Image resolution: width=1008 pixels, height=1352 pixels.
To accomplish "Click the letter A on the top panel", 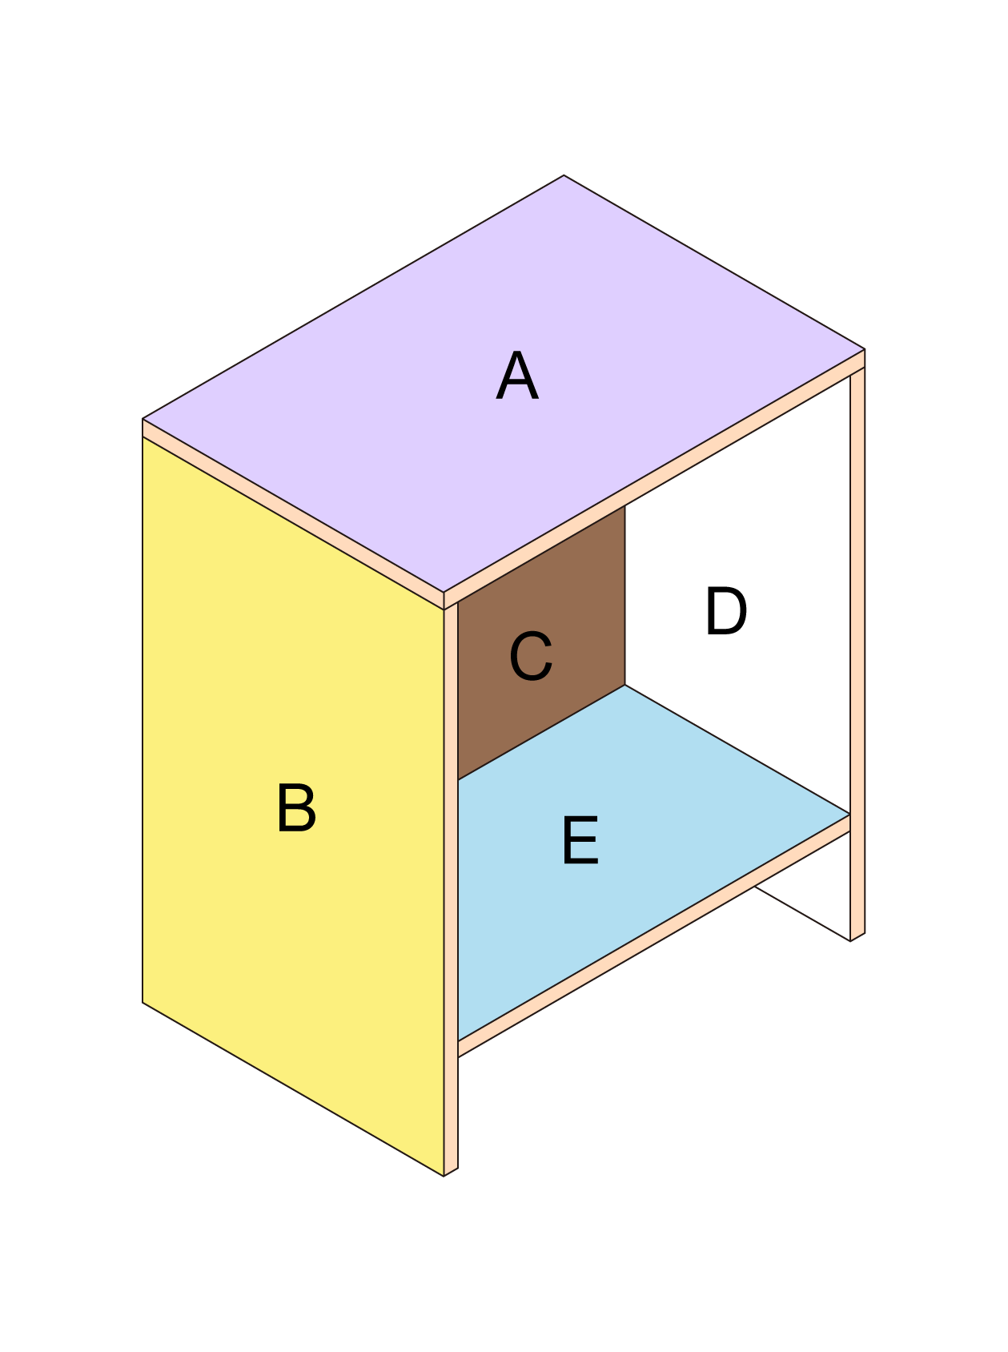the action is point(516,376).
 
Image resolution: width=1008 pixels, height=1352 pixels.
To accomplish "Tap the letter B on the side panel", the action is point(296,807).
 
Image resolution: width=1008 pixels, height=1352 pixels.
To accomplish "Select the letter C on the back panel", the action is point(531,656).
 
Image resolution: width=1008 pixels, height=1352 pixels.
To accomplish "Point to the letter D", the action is point(725,611).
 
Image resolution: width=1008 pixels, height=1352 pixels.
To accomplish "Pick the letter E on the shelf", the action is point(580,840).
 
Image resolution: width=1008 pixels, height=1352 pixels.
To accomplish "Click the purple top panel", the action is point(504,384).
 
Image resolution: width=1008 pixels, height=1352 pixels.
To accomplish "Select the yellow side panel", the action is point(293,806).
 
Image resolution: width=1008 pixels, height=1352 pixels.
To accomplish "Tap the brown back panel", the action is point(541,642).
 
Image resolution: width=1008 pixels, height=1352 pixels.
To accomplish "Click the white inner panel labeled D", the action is point(737,641).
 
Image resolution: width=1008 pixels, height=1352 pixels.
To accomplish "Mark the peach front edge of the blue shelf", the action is point(654,936).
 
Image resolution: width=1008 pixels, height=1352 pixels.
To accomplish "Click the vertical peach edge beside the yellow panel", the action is point(451,889).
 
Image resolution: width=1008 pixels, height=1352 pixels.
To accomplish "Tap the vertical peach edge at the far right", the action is point(857,654).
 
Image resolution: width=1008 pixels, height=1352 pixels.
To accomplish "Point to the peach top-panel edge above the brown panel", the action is point(654,479).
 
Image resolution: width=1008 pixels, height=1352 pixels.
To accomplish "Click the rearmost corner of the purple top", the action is point(564,175).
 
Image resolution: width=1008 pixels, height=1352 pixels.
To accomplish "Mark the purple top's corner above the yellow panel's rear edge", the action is point(143,418).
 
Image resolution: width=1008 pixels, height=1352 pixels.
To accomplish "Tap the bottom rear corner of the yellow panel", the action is point(143,1002).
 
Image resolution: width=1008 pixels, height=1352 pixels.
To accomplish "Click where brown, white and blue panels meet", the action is point(625,685).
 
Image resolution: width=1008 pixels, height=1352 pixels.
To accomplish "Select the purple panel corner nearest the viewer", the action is point(444,593).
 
